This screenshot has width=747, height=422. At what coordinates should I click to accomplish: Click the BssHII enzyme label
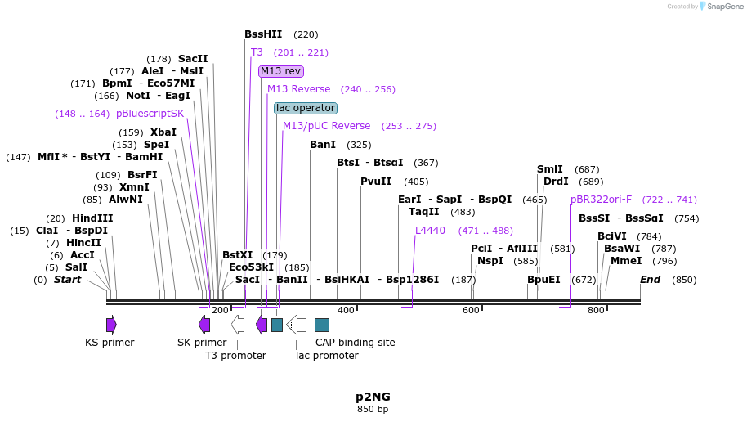[x=263, y=34]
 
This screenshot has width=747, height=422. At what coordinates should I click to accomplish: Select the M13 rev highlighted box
[x=280, y=71]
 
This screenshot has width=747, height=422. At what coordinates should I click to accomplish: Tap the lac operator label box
[x=306, y=108]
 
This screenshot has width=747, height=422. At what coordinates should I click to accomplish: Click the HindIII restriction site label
[x=92, y=218]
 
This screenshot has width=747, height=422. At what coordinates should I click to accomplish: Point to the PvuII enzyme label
[x=376, y=182]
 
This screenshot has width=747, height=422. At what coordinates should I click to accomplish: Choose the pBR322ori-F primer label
[x=601, y=200]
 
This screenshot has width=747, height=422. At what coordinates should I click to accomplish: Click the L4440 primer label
[x=430, y=231]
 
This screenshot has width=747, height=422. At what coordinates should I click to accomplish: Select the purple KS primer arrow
[x=111, y=325]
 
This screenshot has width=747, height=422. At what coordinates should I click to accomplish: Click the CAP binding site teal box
[x=322, y=325]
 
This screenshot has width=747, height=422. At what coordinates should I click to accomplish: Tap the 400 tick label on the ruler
[x=346, y=310]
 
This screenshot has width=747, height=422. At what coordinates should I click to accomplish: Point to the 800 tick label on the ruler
[x=596, y=310]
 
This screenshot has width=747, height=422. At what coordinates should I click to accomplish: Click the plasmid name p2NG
[x=373, y=396]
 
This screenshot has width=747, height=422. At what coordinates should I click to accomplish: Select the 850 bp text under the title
[x=373, y=409]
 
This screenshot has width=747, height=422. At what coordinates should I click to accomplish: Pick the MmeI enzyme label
[x=626, y=262]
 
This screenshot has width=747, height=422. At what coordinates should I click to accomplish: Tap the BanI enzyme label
[x=323, y=145]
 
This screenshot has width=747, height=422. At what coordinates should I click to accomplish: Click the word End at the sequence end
[x=650, y=280]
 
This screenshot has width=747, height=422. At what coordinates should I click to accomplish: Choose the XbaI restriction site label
[x=163, y=132]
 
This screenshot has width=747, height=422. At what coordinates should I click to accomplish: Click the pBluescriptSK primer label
[x=150, y=114]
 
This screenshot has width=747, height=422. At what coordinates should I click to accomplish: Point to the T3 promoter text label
[x=235, y=356]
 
